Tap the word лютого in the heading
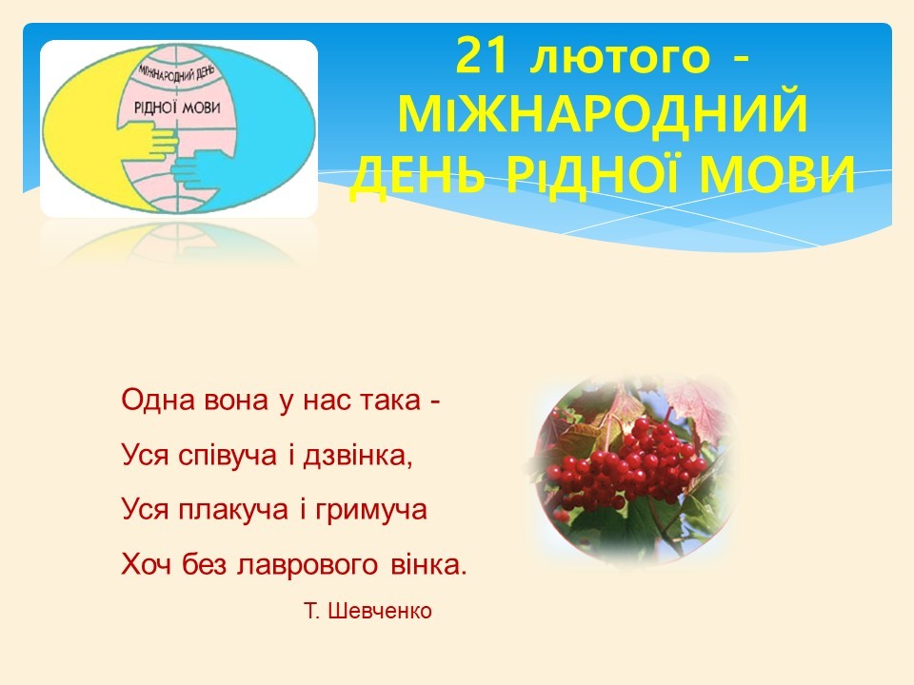[620, 58]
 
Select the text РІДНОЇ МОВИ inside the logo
[177, 108]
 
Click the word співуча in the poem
[228, 456]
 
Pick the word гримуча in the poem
[371, 511]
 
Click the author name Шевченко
[380, 611]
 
